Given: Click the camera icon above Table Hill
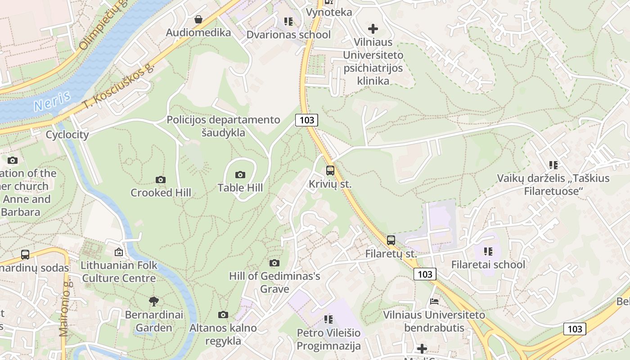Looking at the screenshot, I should coord(240,175).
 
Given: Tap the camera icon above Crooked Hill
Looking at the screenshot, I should coord(161,180).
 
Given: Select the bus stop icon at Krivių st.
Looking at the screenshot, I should coord(330,171).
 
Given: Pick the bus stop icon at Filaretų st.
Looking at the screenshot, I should coord(391,240).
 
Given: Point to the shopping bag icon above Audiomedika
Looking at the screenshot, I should coord(198,19).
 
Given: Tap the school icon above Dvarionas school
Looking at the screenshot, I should coord(288,22).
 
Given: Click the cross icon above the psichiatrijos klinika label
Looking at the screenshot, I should coord(373,29).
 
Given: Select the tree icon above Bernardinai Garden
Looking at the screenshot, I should coord(154,301).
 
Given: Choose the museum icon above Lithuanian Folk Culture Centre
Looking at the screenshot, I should coord(119,252).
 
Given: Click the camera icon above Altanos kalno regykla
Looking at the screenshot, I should coord(223,315).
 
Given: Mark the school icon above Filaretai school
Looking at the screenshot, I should coord(488,251).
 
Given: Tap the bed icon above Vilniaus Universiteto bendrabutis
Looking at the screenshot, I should coord(434,301).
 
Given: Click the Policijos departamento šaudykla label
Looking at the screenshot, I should coord(223,126).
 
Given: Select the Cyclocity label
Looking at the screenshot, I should coord(67,135).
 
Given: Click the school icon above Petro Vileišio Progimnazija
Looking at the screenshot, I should coord(328,319).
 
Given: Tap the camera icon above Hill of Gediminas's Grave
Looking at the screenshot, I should coord(274,263).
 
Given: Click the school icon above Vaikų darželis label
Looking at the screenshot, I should coord(553,165).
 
